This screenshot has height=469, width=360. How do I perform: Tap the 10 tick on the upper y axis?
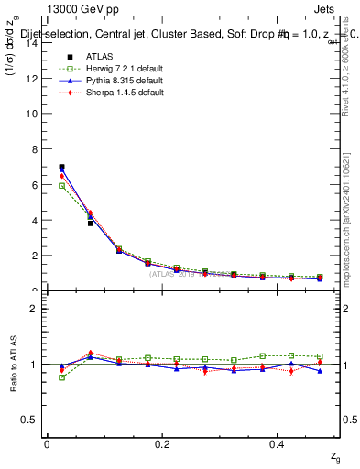pyautogui.click(x=33, y=115)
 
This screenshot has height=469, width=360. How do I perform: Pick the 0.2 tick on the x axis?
pyautogui.click(x=163, y=443)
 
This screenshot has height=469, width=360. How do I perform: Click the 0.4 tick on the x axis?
pyautogui.click(x=278, y=443)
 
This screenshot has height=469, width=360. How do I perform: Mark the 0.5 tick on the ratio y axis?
pyautogui.click(x=30, y=420)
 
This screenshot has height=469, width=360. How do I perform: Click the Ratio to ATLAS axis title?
pyautogui.click(x=14, y=364)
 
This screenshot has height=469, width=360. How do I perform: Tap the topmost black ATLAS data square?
pyautogui.click(x=61, y=168)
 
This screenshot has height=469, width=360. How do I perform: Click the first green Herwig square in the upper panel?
pyautogui.click(x=61, y=186)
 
